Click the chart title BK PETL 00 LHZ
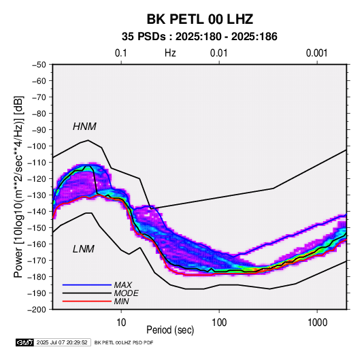click(199, 19)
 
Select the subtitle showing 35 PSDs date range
click(199, 37)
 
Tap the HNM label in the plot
click(84, 127)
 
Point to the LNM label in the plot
click(84, 249)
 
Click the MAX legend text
click(122, 285)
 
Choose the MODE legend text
click(127, 293)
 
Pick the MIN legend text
click(121, 301)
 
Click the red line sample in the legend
click(87, 301)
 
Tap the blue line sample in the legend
click(87, 285)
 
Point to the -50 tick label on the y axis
click(39, 65)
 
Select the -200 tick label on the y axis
click(37, 310)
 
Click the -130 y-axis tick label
click(37, 195)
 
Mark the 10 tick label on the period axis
click(121, 323)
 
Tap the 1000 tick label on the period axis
click(317, 323)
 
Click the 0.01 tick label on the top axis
click(218, 53)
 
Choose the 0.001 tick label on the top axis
click(316, 53)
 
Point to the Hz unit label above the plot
click(170, 53)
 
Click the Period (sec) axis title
click(170, 330)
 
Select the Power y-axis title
click(18, 186)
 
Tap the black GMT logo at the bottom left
click(25, 342)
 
